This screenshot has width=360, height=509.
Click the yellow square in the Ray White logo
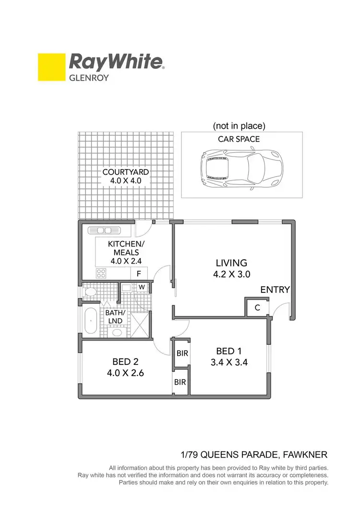(x=51, y=67)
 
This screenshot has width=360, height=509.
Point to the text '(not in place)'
(x=239, y=126)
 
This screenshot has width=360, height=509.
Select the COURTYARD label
(x=125, y=172)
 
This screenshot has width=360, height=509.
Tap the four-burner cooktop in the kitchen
(x=102, y=274)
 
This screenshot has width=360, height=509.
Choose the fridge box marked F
(x=139, y=274)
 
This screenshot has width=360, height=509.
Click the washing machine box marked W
(x=142, y=288)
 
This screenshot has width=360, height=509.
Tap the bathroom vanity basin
(x=117, y=332)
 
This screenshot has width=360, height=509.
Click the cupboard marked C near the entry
(x=257, y=308)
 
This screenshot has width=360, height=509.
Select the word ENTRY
(x=275, y=290)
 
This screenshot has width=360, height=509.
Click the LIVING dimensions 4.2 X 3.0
(x=231, y=275)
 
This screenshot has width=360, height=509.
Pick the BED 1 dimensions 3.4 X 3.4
(x=229, y=363)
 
